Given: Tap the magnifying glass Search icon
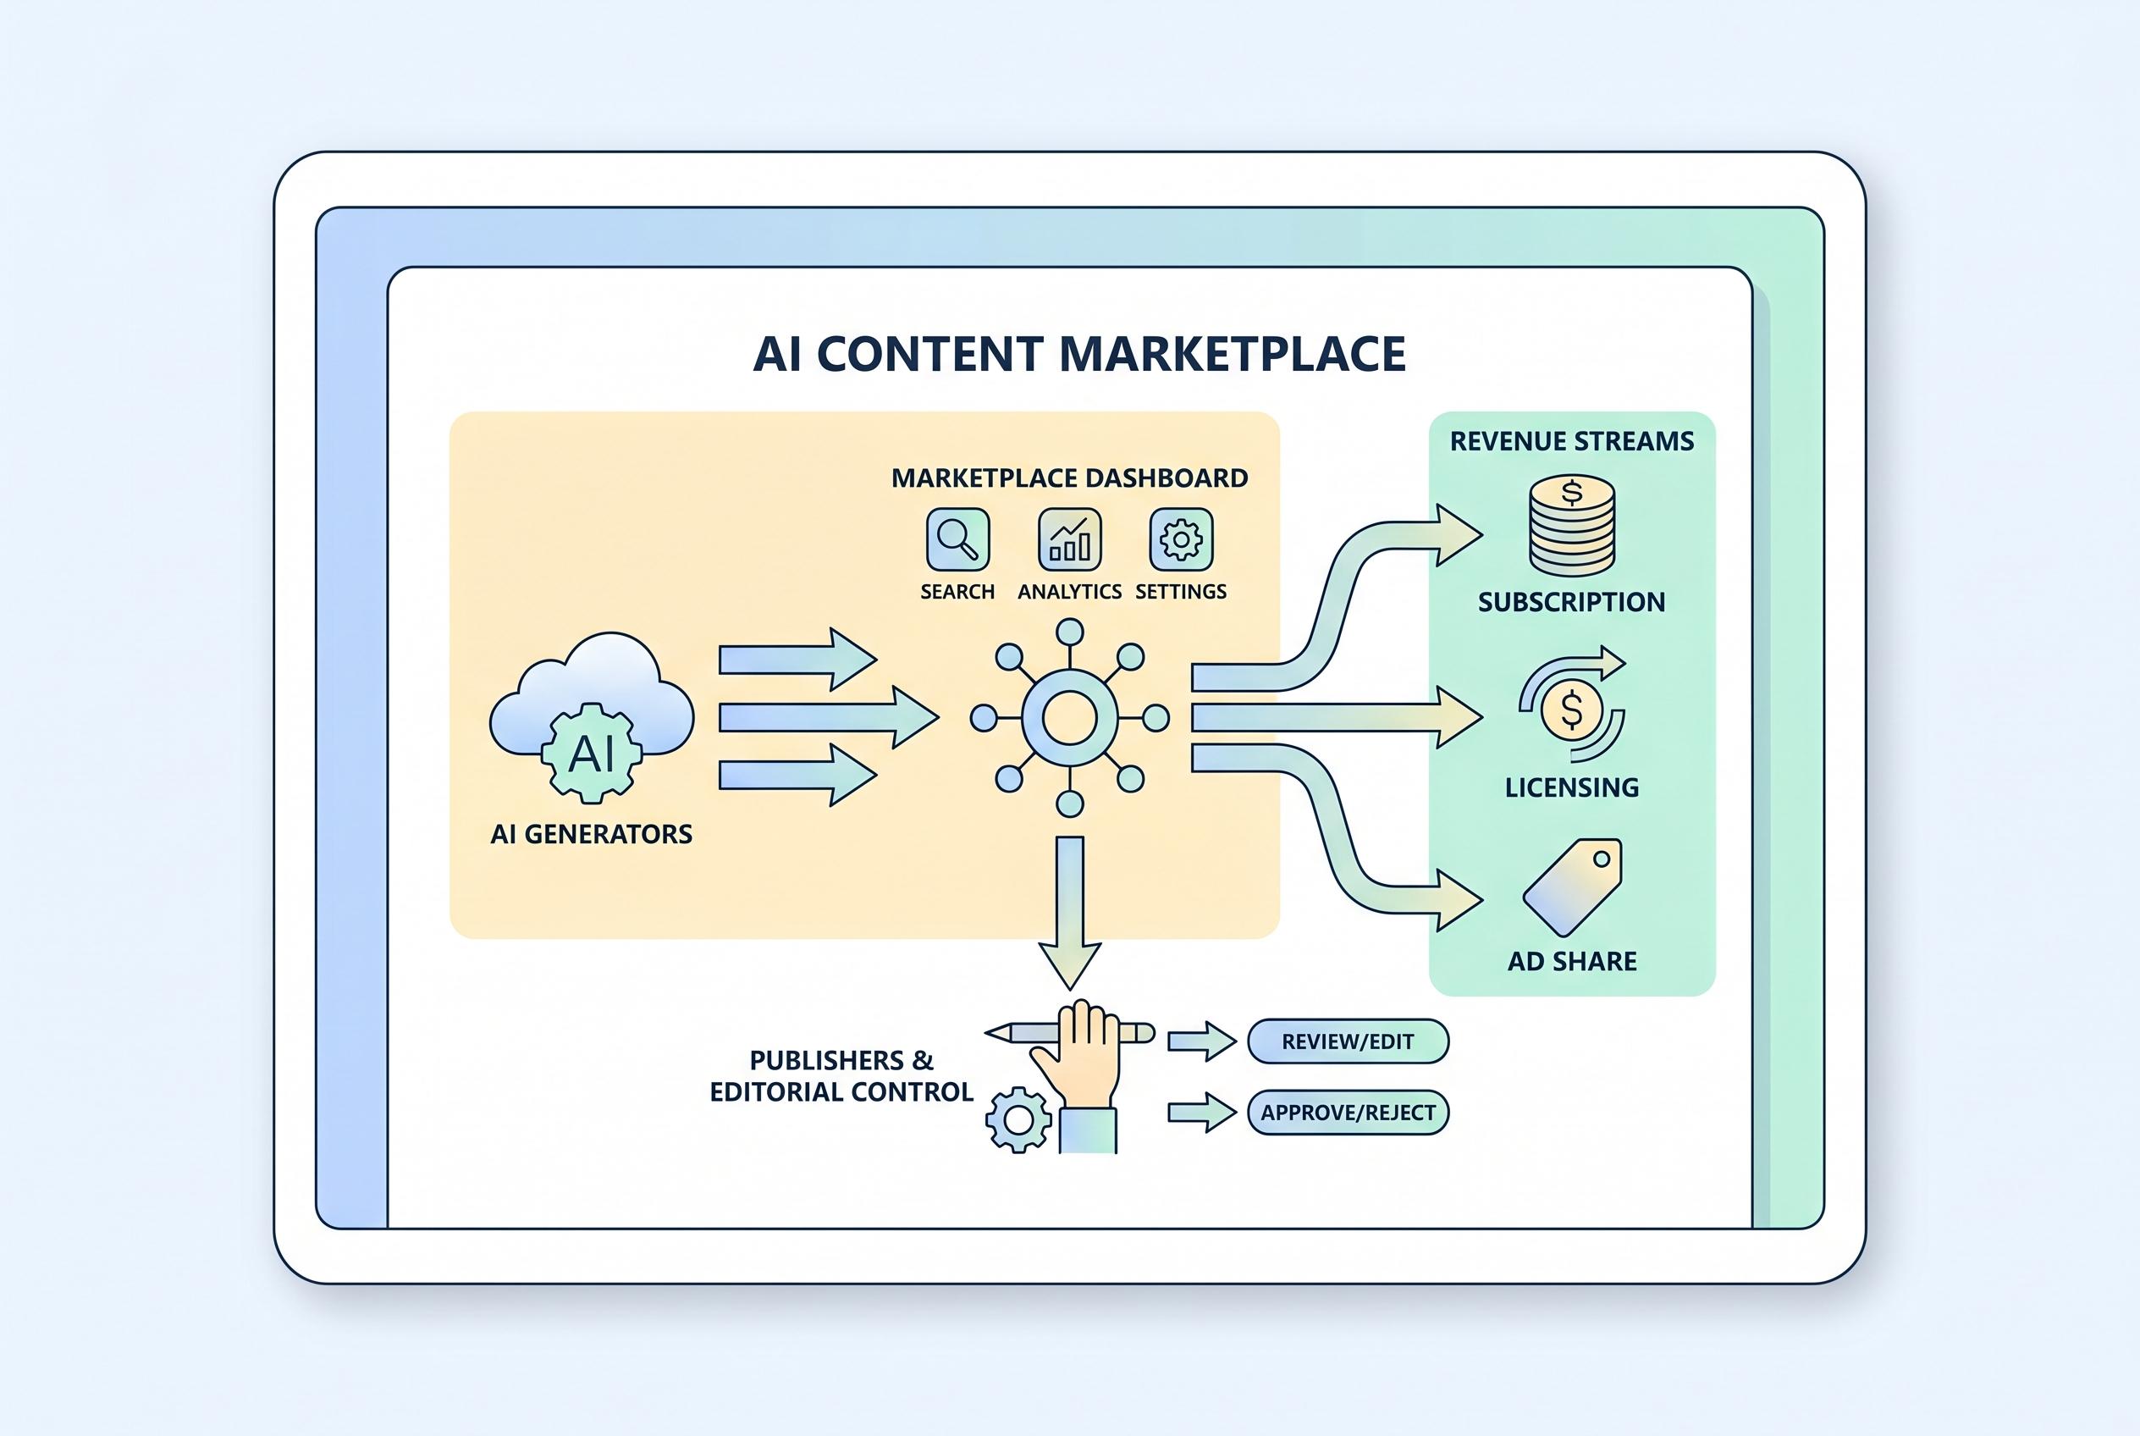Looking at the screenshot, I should [957, 539].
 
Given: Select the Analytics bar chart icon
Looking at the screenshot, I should [1068, 539].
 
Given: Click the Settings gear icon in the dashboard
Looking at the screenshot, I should [1180, 539].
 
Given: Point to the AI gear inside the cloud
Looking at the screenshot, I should [592, 753].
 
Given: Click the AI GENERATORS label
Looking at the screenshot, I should [592, 834].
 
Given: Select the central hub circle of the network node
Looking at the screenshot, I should [1069, 718].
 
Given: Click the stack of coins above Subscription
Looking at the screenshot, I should [1571, 527].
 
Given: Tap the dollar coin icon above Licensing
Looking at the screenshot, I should [1571, 709].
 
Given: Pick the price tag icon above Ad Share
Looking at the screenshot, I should [1571, 886].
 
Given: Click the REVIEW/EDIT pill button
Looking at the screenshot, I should [1347, 1041].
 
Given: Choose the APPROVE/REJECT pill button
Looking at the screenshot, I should [1347, 1113].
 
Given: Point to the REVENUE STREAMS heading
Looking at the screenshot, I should [1571, 441].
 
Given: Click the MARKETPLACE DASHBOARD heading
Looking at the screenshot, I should [1069, 478].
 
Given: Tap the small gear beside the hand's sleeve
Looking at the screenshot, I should [1018, 1119].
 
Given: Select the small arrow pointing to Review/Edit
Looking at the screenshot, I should [1201, 1041].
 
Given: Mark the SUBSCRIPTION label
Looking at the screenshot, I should [1571, 602].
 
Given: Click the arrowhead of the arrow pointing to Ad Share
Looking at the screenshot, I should [1458, 900].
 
